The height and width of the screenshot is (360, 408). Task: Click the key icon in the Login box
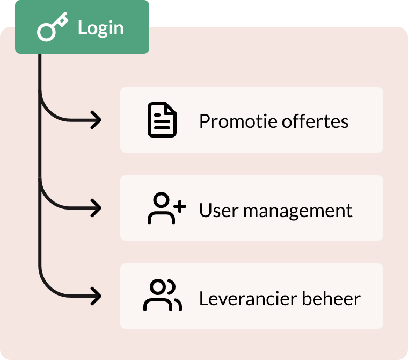coord(52,27)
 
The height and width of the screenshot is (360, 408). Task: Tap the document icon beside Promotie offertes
coord(162,120)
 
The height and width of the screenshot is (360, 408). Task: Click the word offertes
coord(315,121)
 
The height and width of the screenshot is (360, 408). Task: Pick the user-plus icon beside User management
coord(167,208)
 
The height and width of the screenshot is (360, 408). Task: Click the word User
coord(219,210)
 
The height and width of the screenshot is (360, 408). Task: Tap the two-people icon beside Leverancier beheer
coord(163,295)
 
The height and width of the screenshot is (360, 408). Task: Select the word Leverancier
coord(248,298)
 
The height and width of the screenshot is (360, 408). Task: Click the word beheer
coord(331,298)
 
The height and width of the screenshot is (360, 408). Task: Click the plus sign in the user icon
coord(180,207)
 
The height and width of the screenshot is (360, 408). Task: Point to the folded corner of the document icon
coord(171,108)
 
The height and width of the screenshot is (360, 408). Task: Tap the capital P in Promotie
coord(205,121)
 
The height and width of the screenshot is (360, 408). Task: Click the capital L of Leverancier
coord(204,298)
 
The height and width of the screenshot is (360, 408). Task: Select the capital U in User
coord(206,210)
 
